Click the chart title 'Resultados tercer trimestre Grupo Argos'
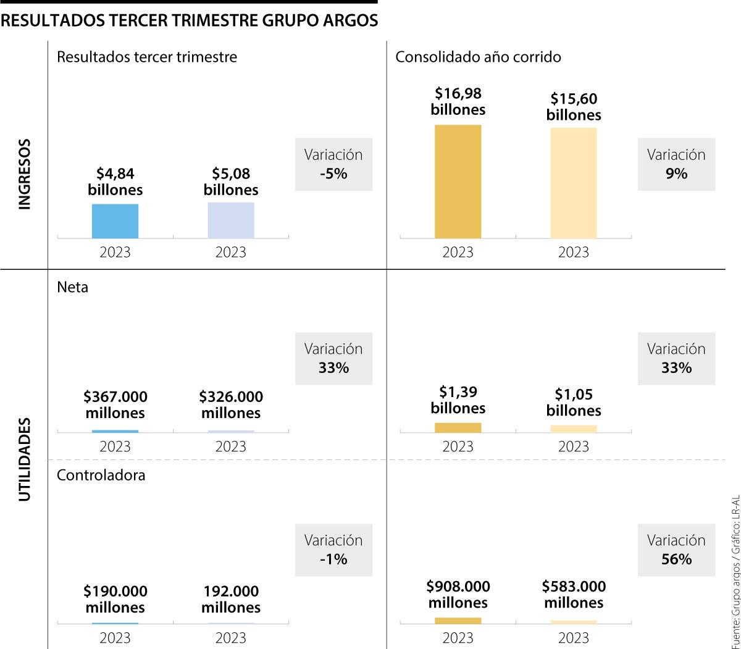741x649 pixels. (190, 21)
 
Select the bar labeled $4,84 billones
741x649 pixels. (115, 220)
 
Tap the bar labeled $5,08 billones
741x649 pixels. (231, 220)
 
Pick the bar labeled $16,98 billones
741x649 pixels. (458, 181)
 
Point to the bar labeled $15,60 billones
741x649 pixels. (574, 183)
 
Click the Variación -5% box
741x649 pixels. (333, 164)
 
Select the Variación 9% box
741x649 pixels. (676, 164)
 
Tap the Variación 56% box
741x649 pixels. (676, 550)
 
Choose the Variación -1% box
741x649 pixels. (333, 550)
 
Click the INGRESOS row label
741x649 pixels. (25, 174)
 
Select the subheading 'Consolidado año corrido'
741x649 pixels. (478, 57)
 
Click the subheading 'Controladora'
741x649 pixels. (101, 475)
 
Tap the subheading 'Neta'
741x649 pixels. (72, 287)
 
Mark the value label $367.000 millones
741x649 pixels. (115, 404)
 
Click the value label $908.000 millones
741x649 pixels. (458, 594)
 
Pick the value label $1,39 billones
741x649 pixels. (458, 400)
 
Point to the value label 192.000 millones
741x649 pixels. (231, 599)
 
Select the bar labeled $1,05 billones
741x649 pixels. (574, 429)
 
